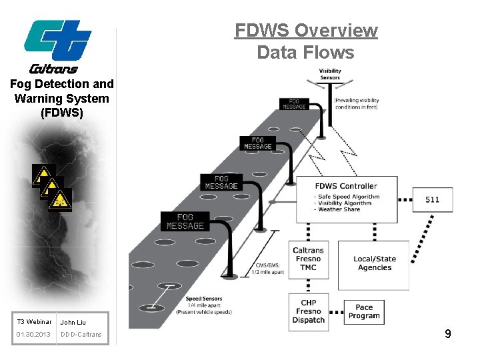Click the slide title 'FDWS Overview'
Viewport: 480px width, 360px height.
pos(306,31)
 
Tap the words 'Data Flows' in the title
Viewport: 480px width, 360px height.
pos(306,51)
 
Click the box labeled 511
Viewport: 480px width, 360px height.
pos(432,199)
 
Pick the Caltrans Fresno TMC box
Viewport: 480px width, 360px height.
pos(308,259)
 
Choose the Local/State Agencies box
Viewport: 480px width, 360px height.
pos(374,263)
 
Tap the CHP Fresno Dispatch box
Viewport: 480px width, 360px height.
pos(308,311)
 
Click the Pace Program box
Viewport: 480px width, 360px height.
pos(364,311)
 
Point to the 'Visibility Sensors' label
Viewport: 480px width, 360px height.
pos(329,73)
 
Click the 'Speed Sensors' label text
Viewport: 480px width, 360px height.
pos(204,299)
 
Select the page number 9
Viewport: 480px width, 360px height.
pos(448,334)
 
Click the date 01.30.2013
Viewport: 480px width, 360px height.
pos(33,334)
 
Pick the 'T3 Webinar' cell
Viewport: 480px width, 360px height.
pos(33,322)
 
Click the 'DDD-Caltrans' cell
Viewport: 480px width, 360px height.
pos(81,334)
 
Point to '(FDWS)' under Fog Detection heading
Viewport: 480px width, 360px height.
pos(62,113)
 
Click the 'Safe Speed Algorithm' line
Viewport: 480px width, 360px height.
pos(349,197)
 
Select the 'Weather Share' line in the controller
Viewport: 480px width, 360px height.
pos(339,209)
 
